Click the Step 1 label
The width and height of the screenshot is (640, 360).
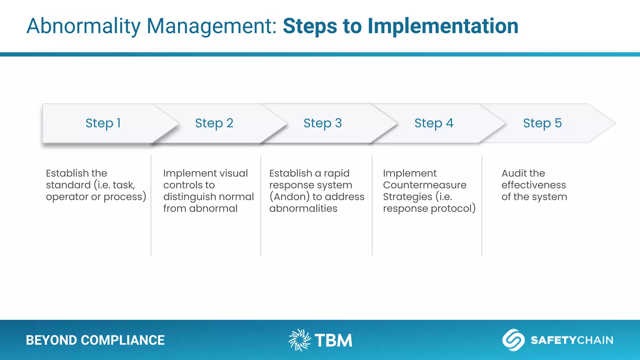pos(103,123)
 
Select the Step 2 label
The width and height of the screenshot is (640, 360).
pos(214,123)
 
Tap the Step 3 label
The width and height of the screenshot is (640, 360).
pos(322,123)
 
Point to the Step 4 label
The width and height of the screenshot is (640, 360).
pos(434,123)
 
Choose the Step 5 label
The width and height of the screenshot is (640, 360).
pos(542,123)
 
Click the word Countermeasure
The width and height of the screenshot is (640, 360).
pos(424,185)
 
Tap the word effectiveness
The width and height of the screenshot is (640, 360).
pos(533,185)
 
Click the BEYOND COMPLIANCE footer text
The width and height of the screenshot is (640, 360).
pos(95,340)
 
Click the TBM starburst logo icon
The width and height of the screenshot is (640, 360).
pos(299,340)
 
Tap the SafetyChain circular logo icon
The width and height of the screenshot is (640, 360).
pos(513,340)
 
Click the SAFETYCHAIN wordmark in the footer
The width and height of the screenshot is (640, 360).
pos(572,340)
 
